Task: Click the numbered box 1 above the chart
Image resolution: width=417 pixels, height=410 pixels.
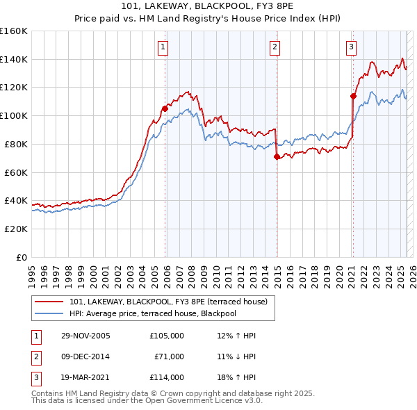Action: (x=163, y=47)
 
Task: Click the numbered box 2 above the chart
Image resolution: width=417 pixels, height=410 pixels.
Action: (x=275, y=47)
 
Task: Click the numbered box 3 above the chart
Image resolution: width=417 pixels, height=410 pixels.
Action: (x=351, y=47)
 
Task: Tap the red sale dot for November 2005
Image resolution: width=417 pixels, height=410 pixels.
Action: (x=165, y=108)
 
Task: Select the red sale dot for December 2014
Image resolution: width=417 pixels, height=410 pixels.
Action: (x=277, y=156)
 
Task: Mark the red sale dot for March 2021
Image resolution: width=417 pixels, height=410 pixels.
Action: (x=353, y=96)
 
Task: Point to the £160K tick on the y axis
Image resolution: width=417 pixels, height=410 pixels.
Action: (x=14, y=31)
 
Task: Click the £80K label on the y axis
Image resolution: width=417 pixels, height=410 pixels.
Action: (x=16, y=144)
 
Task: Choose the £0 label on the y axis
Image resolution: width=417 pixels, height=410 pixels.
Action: (x=22, y=257)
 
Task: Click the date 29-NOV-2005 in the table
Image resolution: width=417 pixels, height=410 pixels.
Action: (x=85, y=336)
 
